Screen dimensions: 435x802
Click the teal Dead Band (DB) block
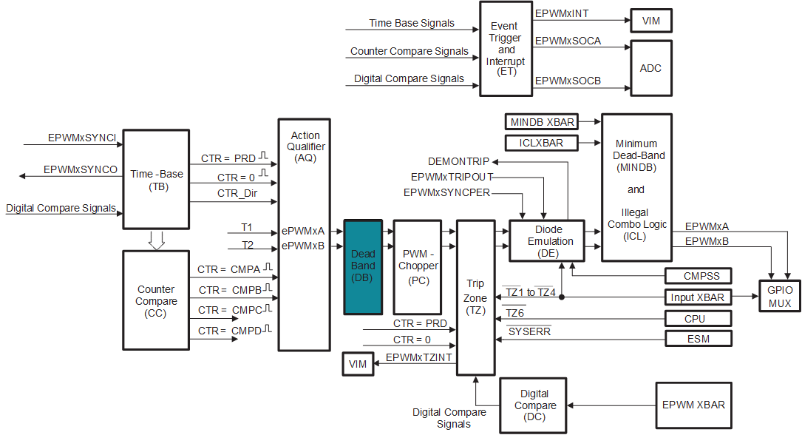click(x=363, y=266)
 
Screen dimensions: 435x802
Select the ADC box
click(x=650, y=68)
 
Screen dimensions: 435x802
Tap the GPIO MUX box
click(x=779, y=297)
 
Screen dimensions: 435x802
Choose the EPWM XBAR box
click(x=693, y=405)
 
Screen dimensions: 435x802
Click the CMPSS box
click(x=698, y=276)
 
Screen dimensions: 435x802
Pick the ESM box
click(x=698, y=339)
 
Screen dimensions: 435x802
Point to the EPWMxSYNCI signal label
click(x=82, y=138)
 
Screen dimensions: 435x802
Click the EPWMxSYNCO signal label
click(x=81, y=169)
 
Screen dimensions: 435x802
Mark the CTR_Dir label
click(x=237, y=194)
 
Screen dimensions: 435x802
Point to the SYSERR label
click(x=529, y=332)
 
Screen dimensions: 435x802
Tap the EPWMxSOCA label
click(x=568, y=41)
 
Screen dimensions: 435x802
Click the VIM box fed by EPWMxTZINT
click(x=358, y=364)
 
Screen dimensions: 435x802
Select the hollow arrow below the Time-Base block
click(x=156, y=240)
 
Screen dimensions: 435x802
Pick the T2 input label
click(x=247, y=246)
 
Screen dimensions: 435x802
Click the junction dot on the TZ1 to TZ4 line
click(x=562, y=297)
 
